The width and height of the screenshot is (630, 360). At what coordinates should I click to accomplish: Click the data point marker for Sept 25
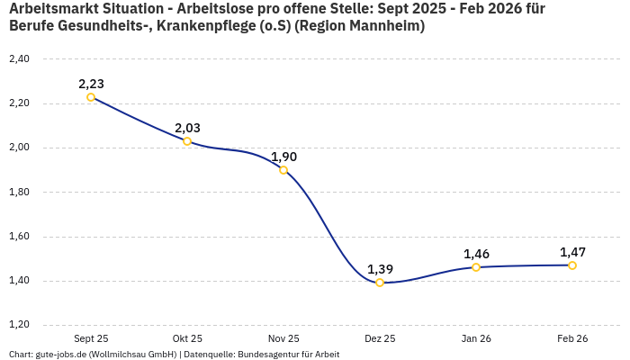click(91, 97)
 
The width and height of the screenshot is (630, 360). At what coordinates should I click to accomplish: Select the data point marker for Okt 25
click(187, 141)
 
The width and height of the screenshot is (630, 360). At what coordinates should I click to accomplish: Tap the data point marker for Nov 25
click(283, 170)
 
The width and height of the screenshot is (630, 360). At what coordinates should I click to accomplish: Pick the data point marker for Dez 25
click(380, 283)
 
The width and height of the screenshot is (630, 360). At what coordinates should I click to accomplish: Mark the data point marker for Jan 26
click(476, 267)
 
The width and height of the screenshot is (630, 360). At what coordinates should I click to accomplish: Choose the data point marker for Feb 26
click(572, 265)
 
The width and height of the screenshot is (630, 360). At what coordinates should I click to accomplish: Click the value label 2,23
click(91, 84)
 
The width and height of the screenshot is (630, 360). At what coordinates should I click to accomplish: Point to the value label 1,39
click(380, 269)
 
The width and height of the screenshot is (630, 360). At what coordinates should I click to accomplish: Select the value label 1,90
click(283, 157)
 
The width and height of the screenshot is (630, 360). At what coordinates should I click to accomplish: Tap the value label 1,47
click(572, 252)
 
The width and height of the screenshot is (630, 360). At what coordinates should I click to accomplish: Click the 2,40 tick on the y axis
click(18, 59)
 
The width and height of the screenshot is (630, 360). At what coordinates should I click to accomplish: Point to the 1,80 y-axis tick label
click(18, 192)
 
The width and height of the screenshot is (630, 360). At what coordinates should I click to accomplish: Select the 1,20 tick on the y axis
click(18, 325)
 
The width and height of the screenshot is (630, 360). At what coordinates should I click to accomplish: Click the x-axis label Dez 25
click(380, 338)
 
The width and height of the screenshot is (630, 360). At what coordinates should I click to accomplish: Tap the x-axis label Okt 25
click(187, 338)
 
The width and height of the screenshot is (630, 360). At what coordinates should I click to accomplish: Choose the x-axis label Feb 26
click(572, 338)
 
